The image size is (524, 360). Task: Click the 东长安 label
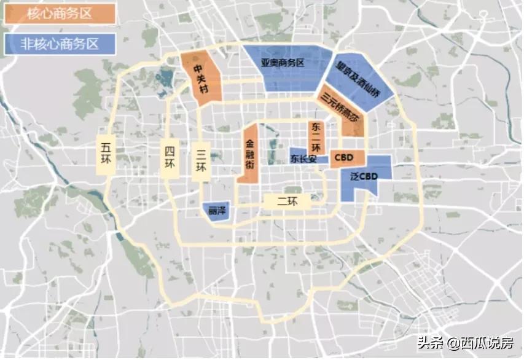pos(305,158)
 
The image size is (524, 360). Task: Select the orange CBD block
pos(348,158)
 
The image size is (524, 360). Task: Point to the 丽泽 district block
pos(216,209)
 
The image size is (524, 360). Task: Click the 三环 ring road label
pos(201,161)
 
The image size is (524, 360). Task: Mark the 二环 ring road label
pos(287,201)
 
